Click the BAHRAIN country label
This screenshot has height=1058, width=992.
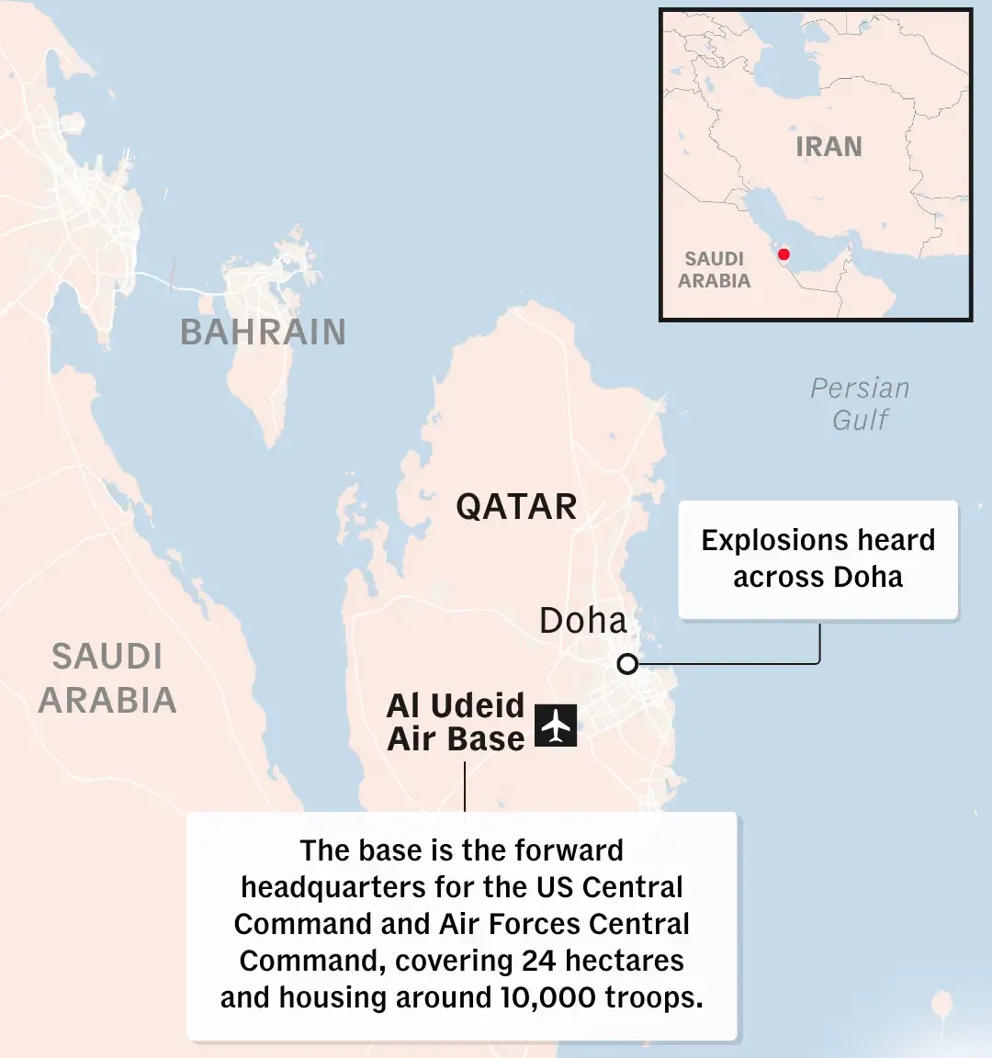263,332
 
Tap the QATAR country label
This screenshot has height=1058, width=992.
516,507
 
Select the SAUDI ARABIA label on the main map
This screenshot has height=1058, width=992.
107,679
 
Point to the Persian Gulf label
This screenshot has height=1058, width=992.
860,404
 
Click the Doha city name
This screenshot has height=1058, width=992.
582,621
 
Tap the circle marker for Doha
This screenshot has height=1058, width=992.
627,664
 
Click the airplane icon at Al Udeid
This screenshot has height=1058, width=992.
556,726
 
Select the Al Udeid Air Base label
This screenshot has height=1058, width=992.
456,722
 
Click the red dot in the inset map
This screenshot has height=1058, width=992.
783,254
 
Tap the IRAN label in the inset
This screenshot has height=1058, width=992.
829,147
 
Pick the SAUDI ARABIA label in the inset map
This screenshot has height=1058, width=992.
715,270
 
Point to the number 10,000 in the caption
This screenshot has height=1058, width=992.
547,997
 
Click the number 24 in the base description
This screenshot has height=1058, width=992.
539,961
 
